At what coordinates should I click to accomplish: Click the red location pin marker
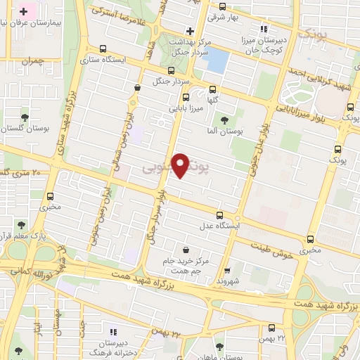tap(181, 165)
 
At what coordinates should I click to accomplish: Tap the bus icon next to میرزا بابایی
tap(186, 98)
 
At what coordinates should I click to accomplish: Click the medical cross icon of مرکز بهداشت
tap(189, 30)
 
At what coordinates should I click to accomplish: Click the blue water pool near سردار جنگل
tap(217, 60)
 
